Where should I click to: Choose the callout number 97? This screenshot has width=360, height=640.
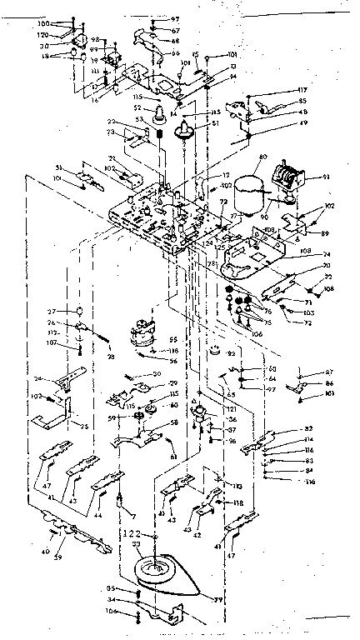175,18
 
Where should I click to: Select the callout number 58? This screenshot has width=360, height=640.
173,423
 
